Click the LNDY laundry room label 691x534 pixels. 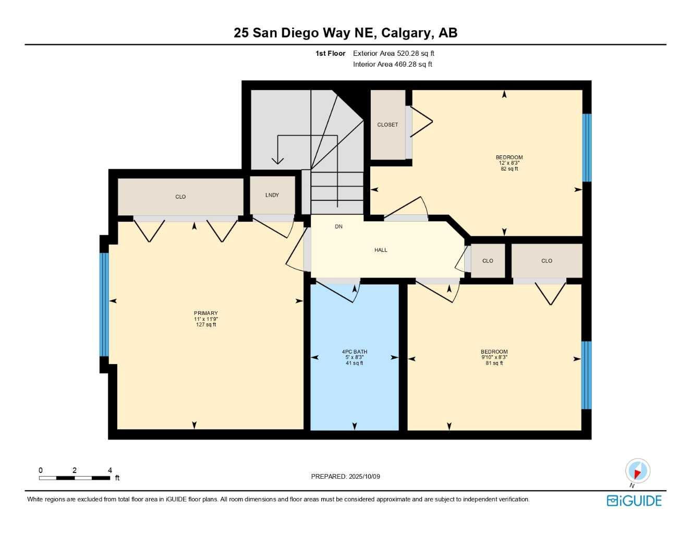pyautogui.click(x=272, y=195)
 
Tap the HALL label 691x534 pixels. pyautogui.click(x=381, y=250)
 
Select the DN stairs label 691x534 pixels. pyautogui.click(x=338, y=226)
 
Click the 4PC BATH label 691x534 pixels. pyautogui.click(x=355, y=352)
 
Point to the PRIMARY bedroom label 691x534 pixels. pyautogui.click(x=206, y=313)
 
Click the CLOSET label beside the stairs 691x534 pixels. pyautogui.click(x=387, y=125)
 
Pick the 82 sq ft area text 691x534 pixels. pyautogui.click(x=509, y=169)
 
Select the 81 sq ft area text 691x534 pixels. pyautogui.click(x=494, y=363)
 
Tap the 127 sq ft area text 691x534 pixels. pyautogui.click(x=206, y=325)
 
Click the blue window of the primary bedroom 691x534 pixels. pyautogui.click(x=104, y=305)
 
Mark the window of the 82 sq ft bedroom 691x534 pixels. pyautogui.click(x=587, y=148)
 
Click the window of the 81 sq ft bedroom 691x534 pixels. pyautogui.click(x=586, y=375)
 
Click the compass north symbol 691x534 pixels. pyautogui.click(x=637, y=471)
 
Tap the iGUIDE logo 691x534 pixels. pyautogui.click(x=634, y=501)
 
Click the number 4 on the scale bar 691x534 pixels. pyautogui.click(x=110, y=470)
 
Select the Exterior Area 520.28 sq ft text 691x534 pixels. pyautogui.click(x=393, y=53)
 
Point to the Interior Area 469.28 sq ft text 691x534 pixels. pyautogui.click(x=392, y=64)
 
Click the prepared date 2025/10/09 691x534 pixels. pyautogui.click(x=364, y=476)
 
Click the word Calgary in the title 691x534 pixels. pyautogui.click(x=406, y=32)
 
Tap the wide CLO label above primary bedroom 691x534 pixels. pyautogui.click(x=180, y=197)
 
